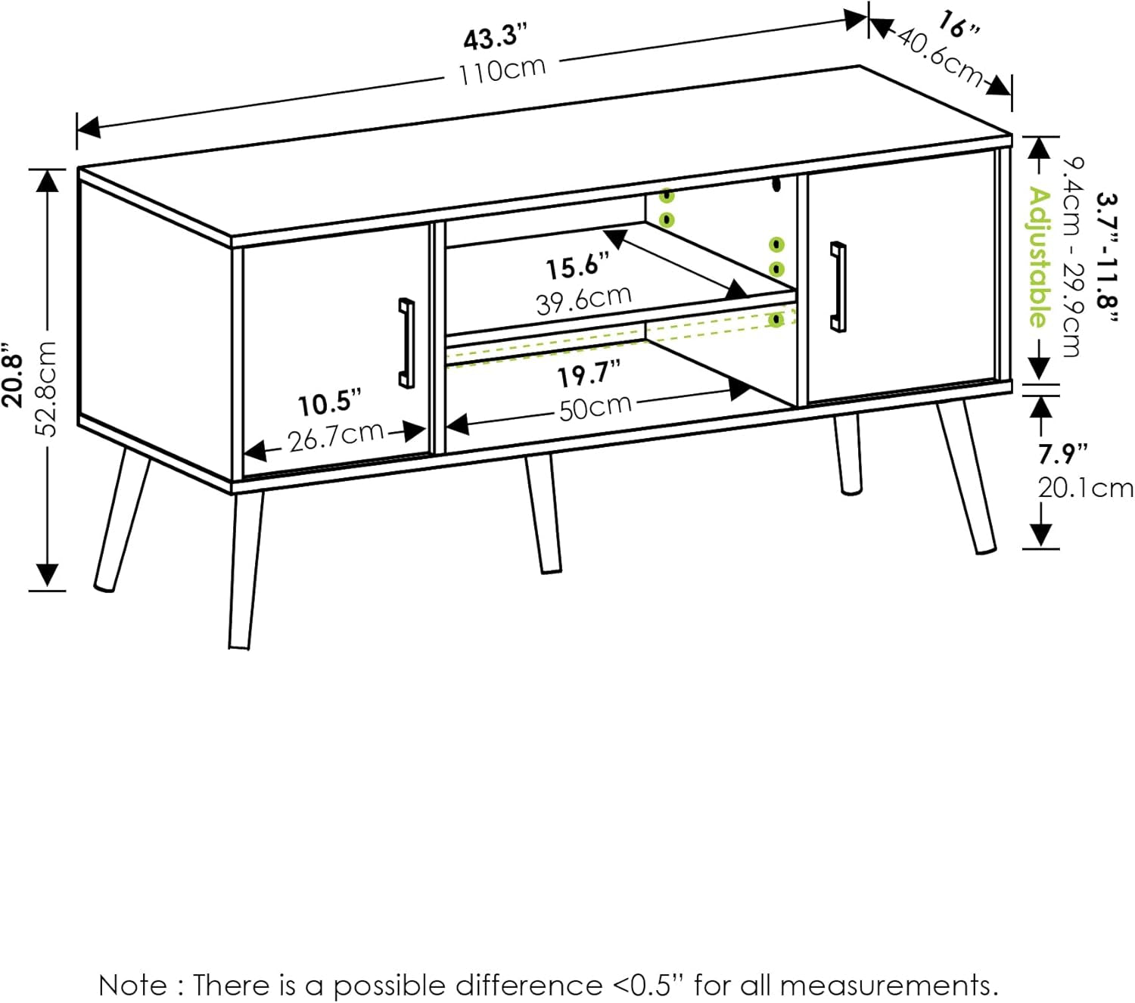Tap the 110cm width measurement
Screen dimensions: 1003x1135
502,70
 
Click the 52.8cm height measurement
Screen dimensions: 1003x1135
46,388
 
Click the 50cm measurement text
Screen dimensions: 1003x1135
595,408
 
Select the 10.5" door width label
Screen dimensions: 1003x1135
329,403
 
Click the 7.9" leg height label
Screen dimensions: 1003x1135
1062,455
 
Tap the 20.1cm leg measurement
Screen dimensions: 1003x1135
1085,488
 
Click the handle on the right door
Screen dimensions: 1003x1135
838,287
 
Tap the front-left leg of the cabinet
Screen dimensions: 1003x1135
245,567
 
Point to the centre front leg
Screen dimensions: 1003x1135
544,514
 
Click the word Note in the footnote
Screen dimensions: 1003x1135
133,985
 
